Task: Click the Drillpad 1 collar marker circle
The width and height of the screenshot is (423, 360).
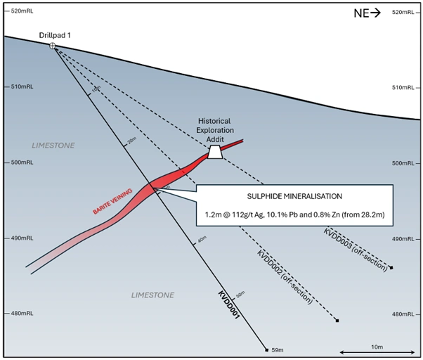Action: [x=53, y=46]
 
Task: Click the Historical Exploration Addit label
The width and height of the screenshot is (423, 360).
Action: [x=214, y=131]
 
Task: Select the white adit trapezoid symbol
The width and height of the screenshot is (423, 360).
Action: [x=214, y=152]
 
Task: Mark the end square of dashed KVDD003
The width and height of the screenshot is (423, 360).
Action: [x=391, y=268]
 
